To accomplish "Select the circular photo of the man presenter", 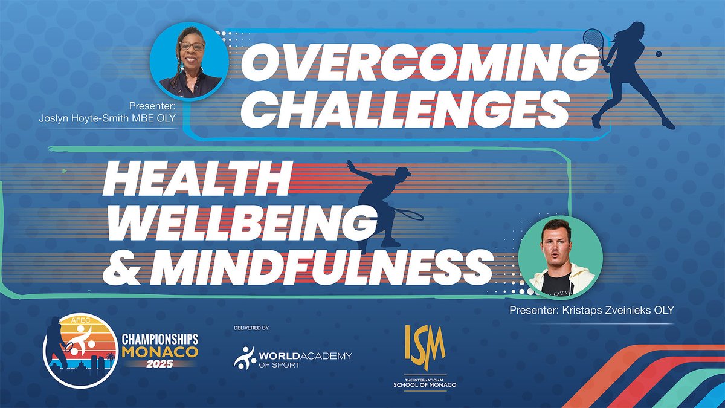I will click(561, 256).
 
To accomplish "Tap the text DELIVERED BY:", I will click(251, 328).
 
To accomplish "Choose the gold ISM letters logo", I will click(425, 347).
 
